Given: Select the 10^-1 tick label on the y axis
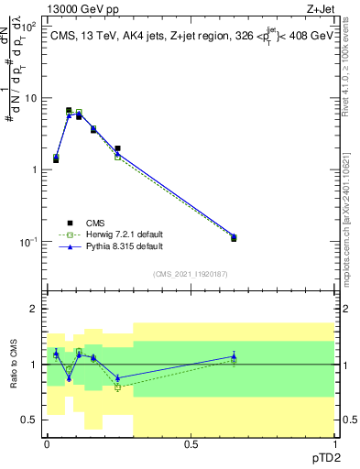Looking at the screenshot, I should tap(29, 242).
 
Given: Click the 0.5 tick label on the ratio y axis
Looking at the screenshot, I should tap(31, 420).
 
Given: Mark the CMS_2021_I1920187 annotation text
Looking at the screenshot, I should tap(190, 274).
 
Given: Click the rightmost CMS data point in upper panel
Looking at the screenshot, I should tap(234, 238).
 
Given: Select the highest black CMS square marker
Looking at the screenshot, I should tap(69, 110).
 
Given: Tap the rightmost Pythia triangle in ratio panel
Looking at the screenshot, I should tap(234, 356).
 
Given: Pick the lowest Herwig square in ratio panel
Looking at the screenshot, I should tap(117, 387).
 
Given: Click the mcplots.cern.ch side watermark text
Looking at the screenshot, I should tap(352, 202).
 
